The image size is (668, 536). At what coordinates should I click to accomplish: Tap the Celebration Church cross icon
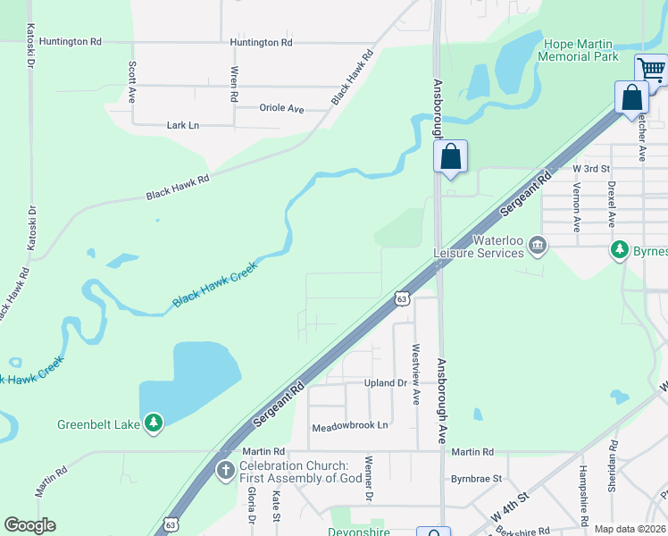[225, 470]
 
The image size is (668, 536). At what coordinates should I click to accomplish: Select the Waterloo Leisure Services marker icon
[538, 245]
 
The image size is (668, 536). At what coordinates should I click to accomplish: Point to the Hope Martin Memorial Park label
[578, 50]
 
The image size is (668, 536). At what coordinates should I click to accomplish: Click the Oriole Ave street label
[282, 108]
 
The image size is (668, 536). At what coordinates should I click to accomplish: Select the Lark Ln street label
[183, 125]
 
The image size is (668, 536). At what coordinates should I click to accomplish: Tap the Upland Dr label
[386, 382]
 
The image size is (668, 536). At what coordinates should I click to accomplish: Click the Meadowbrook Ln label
[351, 427]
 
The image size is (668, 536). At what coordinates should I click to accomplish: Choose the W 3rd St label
[591, 168]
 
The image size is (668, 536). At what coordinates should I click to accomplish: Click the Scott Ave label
[132, 81]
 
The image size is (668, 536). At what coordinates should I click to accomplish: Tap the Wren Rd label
[234, 84]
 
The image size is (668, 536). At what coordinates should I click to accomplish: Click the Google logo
[29, 525]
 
